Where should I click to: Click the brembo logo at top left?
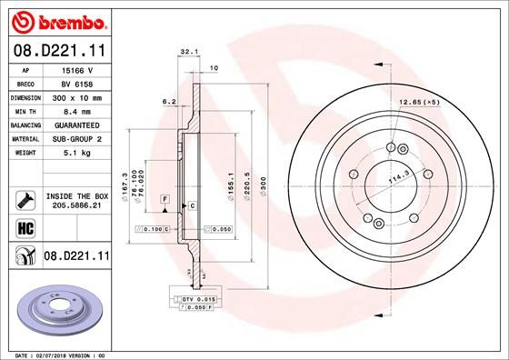[x=57, y=20]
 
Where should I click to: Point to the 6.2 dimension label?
[x=169, y=102]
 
